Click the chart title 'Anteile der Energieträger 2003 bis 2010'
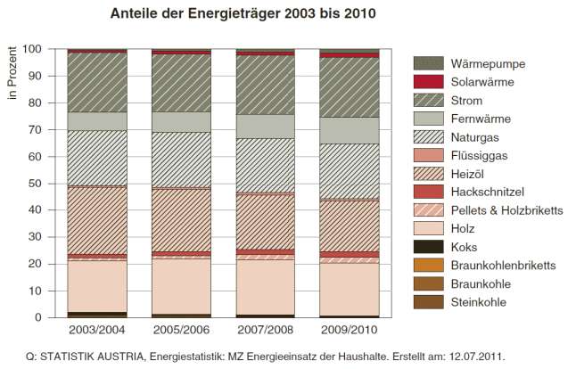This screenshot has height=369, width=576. point(243,13)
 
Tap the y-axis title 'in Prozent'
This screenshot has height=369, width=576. point(12,73)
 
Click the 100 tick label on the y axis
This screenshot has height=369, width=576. point(32,49)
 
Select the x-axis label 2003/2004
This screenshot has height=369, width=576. point(97,330)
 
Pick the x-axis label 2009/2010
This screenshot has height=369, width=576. point(349,330)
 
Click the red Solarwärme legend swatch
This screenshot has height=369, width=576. point(428,81)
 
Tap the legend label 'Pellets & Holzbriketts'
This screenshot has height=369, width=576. point(506,210)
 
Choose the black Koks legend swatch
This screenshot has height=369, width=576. point(428,247)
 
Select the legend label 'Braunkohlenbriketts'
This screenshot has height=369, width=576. point(503,265)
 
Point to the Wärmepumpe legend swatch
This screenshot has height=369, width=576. point(428,63)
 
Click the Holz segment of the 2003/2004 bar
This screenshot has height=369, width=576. point(97,286)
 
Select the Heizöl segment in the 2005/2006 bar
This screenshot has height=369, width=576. point(181,220)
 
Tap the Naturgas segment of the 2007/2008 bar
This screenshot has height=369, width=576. point(265,166)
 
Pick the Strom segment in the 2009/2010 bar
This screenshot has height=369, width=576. point(349,87)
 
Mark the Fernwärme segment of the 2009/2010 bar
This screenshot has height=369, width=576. point(349,131)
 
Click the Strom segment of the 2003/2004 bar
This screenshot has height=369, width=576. point(97,83)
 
